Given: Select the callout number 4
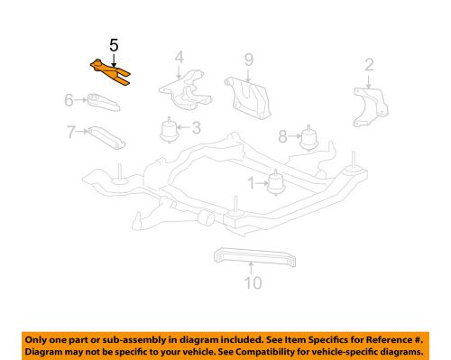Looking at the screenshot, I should [x=179, y=57].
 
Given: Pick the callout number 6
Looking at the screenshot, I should [x=69, y=100].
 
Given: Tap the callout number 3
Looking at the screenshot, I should [x=195, y=129].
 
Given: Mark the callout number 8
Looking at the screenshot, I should [x=282, y=136].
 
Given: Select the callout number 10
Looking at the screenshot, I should [x=252, y=282].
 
